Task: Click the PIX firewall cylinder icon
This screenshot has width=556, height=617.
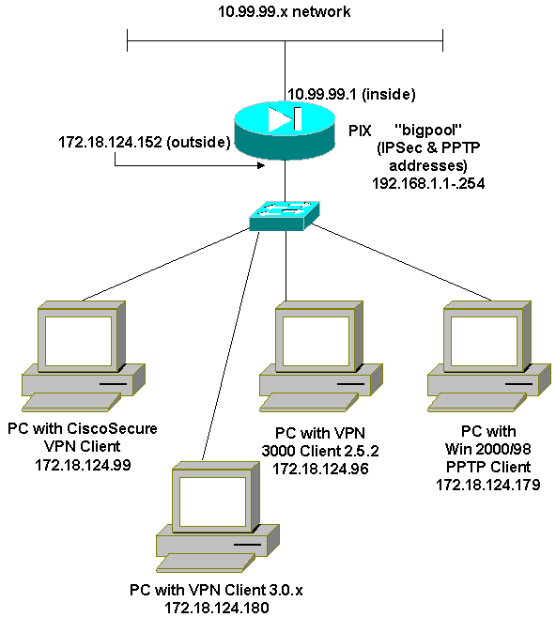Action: point(285,131)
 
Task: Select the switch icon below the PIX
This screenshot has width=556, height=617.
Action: point(285,216)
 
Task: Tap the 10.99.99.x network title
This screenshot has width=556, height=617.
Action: point(284,11)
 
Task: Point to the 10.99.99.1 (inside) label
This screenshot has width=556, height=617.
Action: point(351,94)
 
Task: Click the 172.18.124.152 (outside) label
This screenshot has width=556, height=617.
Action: point(145,142)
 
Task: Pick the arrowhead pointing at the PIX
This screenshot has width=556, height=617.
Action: point(261,165)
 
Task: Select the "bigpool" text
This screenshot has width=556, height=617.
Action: point(427,130)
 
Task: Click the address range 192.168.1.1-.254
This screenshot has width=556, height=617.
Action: point(428,183)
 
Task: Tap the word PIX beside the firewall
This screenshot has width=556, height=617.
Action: point(360,131)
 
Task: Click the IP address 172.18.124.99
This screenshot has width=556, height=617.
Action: point(83,465)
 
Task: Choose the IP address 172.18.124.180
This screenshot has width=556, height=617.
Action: point(216,608)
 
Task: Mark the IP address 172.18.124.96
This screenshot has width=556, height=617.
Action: point(320,469)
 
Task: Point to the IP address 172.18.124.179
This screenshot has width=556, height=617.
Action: point(488,485)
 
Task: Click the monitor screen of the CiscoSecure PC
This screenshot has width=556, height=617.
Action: point(78,341)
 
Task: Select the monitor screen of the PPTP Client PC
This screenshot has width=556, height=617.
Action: point(484,341)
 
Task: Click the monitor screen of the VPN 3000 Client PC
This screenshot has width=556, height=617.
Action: point(316,341)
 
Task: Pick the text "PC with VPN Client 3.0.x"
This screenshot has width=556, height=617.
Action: point(216,590)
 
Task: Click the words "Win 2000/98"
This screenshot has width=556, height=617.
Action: point(488,449)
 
